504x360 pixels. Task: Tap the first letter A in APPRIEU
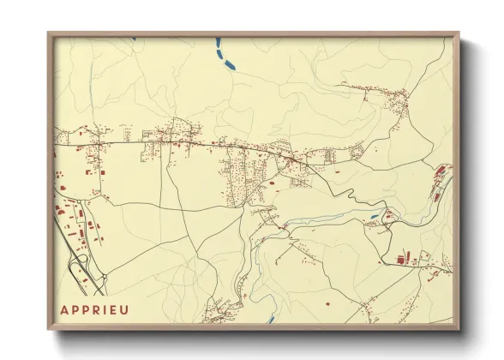[x=65, y=309]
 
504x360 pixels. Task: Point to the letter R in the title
[x=94, y=309]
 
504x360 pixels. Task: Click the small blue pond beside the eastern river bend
[x=375, y=216]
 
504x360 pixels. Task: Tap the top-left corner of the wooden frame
[x=49, y=33]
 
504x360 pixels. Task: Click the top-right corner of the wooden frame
[x=459, y=33]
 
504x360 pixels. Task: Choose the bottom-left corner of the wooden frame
[x=49, y=330]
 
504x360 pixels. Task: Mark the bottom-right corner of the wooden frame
[x=459, y=330]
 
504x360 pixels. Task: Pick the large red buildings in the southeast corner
[x=405, y=256]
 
